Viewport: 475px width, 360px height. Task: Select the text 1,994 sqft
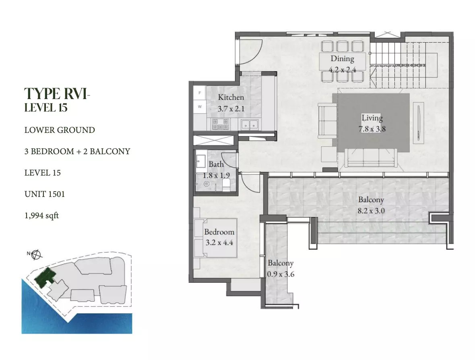(41, 215)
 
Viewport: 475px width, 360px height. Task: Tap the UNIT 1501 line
(45, 194)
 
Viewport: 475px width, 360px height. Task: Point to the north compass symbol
(36, 254)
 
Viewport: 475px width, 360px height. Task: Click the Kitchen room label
(231, 97)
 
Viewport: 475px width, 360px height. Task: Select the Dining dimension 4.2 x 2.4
(342, 70)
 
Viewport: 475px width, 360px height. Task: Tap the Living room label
(372, 118)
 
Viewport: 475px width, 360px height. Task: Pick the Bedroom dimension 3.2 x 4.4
(219, 242)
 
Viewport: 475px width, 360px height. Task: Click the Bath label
(216, 164)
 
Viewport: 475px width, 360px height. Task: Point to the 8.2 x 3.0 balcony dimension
(371, 211)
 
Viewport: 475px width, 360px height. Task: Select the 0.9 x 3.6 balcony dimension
(281, 274)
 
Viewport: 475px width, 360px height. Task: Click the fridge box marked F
(200, 93)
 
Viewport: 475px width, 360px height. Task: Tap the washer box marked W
(200, 107)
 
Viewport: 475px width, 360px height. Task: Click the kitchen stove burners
(220, 124)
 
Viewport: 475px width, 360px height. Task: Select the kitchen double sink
(250, 124)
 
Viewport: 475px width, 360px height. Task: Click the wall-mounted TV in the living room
(418, 123)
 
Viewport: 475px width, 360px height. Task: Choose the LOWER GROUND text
(60, 130)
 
